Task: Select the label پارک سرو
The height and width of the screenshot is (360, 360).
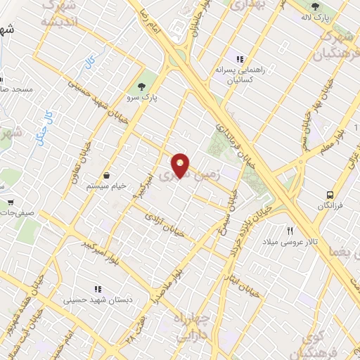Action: click(143, 98)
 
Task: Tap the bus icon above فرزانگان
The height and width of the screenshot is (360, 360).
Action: click(330, 195)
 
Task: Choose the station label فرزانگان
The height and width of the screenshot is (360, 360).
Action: click(329, 208)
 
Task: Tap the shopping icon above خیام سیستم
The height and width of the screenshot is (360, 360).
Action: click(106, 175)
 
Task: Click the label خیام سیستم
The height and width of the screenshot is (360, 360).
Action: click(106, 187)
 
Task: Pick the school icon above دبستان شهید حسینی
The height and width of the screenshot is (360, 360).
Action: click(98, 288)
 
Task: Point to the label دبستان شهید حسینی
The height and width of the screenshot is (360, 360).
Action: click(98, 300)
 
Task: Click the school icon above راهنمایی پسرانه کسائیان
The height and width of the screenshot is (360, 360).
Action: click(240, 60)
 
